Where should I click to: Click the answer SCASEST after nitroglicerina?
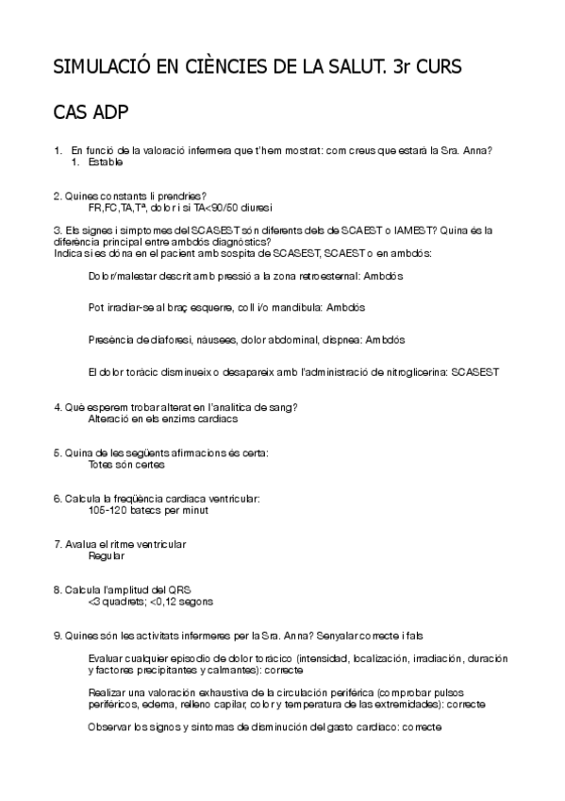(475, 372)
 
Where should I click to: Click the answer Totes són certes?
(126, 465)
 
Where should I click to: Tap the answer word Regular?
(106, 556)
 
